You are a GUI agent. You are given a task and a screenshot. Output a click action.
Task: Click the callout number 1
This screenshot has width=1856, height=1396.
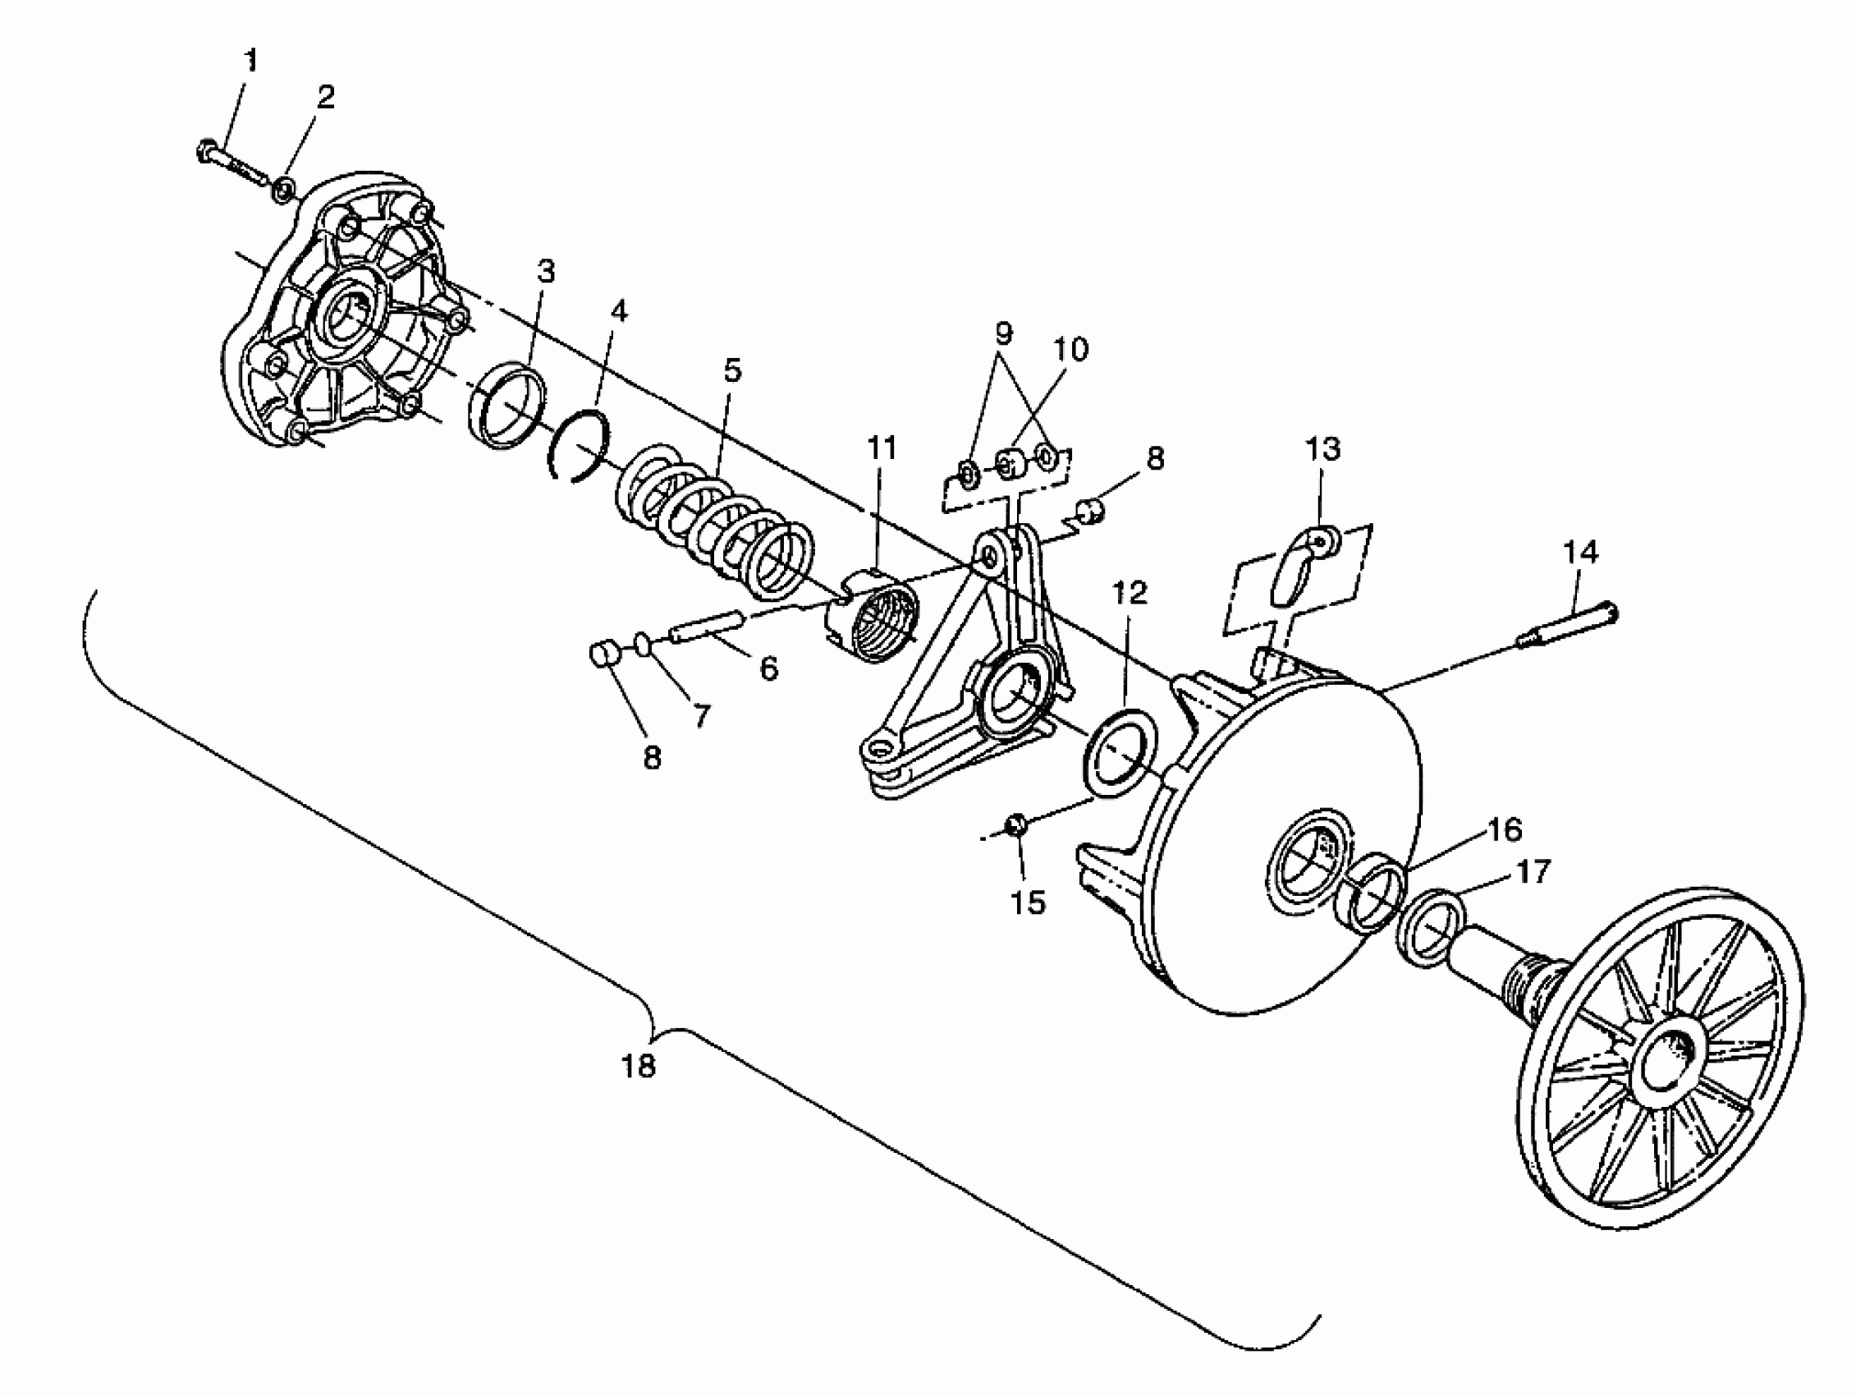[x=250, y=61]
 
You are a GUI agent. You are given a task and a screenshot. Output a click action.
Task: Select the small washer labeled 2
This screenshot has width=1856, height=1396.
[x=283, y=188]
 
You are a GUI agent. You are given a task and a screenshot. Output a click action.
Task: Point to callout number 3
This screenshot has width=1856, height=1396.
[x=546, y=271]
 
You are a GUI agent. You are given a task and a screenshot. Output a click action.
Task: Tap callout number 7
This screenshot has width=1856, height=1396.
[x=699, y=715]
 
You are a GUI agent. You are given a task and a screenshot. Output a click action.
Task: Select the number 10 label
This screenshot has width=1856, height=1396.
[x=1070, y=348]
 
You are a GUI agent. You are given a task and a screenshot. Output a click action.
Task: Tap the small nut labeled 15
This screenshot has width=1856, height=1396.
[x=1017, y=825]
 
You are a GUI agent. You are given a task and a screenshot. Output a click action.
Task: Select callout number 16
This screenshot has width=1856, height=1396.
[x=1504, y=829]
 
